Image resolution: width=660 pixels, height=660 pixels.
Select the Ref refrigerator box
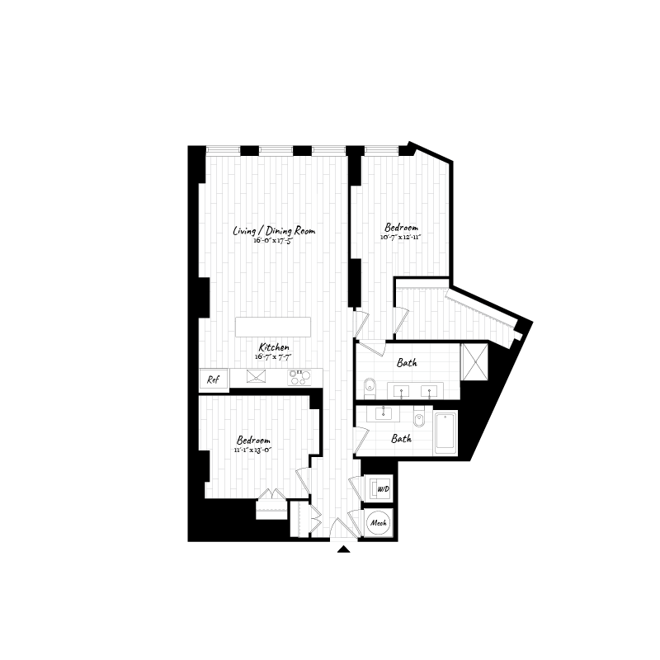[x=213, y=380]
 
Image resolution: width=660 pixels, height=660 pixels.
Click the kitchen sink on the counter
[x=256, y=378]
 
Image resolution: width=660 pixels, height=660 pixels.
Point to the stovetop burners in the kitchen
[x=299, y=377]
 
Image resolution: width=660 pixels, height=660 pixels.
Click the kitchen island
[x=274, y=327]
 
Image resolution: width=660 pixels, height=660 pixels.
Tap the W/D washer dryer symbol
[x=381, y=489]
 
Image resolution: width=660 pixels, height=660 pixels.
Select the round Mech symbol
[x=379, y=523]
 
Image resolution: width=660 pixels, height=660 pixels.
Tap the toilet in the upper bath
[x=370, y=384]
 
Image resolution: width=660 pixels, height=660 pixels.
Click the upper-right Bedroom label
[x=401, y=227]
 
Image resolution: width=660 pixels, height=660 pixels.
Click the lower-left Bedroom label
[x=253, y=441]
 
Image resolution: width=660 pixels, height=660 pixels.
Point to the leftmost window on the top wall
[x=222, y=150]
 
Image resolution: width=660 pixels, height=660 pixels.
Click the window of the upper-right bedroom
[x=381, y=150]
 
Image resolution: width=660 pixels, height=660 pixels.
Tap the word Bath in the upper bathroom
[x=406, y=363]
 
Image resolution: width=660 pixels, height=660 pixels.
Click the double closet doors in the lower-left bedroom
[x=271, y=497]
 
